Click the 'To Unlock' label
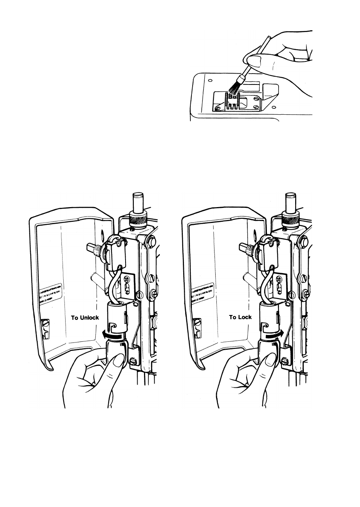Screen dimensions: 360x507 [85, 317]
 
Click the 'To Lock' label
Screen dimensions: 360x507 [240, 317]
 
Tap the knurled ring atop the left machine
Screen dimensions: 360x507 [138, 219]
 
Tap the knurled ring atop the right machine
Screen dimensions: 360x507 [291, 218]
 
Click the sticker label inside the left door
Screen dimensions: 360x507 [51, 293]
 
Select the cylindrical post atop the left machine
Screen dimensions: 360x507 [138, 202]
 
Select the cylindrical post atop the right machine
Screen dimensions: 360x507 [291, 202]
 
